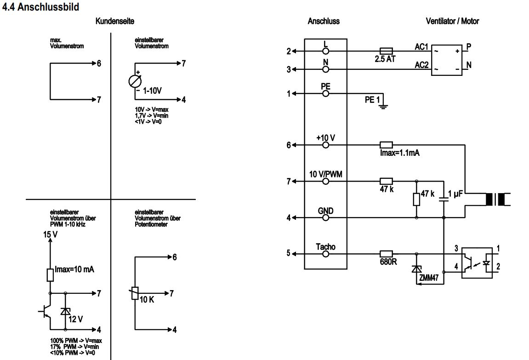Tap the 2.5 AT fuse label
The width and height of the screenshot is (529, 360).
click(385, 59)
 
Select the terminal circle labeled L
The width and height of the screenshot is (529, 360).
click(325, 51)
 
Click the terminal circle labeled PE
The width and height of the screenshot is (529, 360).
click(325, 93)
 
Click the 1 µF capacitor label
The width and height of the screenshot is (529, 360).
click(455, 194)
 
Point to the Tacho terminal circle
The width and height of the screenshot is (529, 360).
click(325, 253)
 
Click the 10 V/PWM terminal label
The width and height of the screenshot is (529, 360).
click(325, 173)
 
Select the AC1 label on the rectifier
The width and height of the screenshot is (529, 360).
click(421, 47)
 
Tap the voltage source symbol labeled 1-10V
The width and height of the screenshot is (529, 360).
click(135, 81)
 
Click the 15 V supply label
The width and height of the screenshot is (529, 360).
click(50, 234)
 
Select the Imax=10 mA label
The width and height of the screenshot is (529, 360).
click(74, 269)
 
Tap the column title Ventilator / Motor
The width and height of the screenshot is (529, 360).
click(452, 21)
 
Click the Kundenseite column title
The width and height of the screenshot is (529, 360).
click(115, 21)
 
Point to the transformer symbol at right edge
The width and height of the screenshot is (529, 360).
click(495, 199)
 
